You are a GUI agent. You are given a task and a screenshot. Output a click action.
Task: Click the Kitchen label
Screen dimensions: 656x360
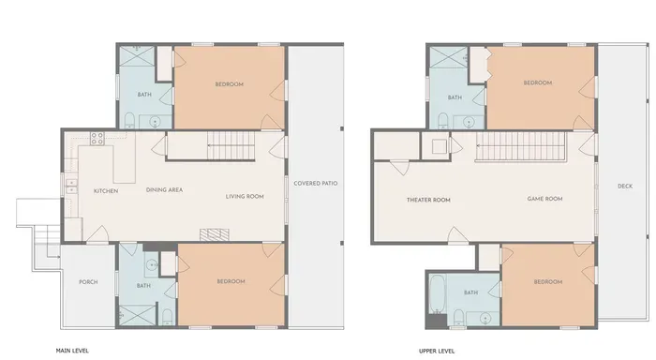(106, 191)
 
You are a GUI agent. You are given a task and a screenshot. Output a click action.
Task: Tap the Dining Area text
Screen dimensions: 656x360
(164, 189)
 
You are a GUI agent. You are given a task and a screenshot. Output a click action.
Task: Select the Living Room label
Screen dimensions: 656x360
(245, 196)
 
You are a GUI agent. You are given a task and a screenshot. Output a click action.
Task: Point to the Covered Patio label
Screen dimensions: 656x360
(316, 184)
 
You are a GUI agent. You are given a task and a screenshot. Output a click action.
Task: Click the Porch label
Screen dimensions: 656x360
(88, 282)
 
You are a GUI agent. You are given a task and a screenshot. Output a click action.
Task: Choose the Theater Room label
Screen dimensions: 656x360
(428, 200)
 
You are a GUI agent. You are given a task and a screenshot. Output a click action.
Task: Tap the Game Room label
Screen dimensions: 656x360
(544, 199)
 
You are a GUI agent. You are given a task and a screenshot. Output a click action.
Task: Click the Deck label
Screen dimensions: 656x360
(625, 187)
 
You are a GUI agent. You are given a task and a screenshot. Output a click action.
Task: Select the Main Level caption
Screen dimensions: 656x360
(72, 351)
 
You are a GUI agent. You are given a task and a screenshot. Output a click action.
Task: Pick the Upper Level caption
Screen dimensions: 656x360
(437, 351)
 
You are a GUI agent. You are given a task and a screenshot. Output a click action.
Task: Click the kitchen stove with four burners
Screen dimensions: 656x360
(97, 139)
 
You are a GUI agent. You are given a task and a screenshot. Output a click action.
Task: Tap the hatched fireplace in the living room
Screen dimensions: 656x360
(215, 234)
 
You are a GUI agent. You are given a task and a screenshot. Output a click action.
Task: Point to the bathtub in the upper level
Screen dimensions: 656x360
(437, 293)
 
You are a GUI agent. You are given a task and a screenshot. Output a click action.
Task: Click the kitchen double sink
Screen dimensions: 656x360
(71, 187)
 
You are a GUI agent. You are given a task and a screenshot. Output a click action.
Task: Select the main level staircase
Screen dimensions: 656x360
(231, 145)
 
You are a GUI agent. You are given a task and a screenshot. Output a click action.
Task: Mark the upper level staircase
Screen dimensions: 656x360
(520, 146)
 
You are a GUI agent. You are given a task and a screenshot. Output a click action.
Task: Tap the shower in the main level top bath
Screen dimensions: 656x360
(137, 56)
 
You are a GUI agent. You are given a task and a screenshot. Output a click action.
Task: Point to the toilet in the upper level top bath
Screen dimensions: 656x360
(442, 121)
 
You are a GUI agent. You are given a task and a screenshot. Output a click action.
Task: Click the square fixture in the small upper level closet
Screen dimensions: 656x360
(440, 146)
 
